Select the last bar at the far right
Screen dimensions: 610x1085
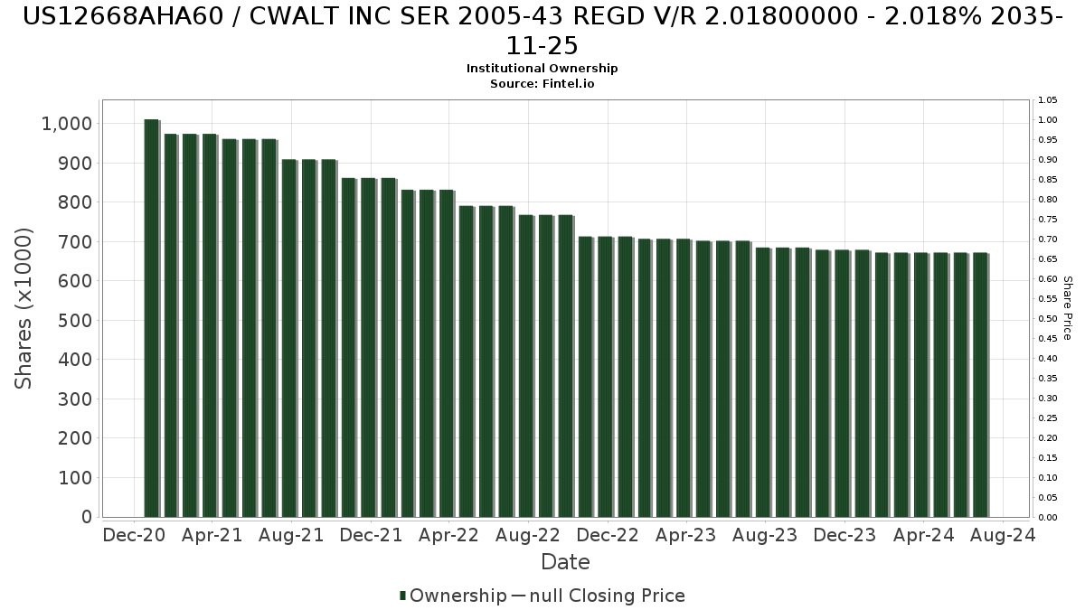[980, 385]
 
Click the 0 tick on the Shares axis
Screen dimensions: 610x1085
[86, 517]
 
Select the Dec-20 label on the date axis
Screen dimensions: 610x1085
[134, 536]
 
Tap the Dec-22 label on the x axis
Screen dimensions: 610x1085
[608, 536]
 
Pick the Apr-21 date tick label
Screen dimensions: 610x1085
[212, 536]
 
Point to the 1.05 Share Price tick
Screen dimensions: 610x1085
[1048, 100]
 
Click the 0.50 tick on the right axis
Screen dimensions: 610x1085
[1048, 319]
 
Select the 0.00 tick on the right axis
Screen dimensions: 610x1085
[1048, 518]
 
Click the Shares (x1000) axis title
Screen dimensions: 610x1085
[24, 308]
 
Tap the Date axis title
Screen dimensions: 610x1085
[565, 563]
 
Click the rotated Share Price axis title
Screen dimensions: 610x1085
[1068, 308]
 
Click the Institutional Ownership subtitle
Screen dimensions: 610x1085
[542, 69]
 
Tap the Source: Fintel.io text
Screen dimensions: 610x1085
[542, 83]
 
